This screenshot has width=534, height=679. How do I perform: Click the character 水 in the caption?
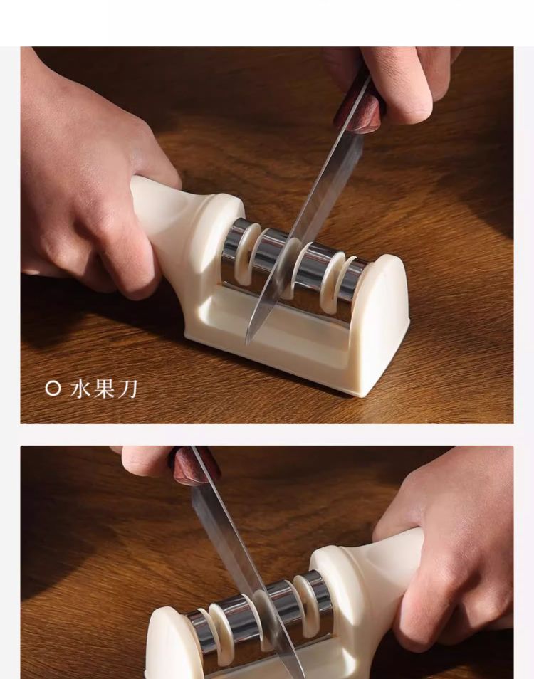click(x=80, y=389)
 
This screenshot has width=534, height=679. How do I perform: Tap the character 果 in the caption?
click(x=104, y=389)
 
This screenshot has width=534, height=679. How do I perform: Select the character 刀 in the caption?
click(x=127, y=389)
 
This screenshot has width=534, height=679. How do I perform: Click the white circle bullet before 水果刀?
click(x=53, y=389)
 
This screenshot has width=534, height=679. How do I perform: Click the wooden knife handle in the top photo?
click(x=359, y=107)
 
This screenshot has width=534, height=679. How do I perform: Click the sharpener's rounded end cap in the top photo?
click(x=381, y=322)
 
